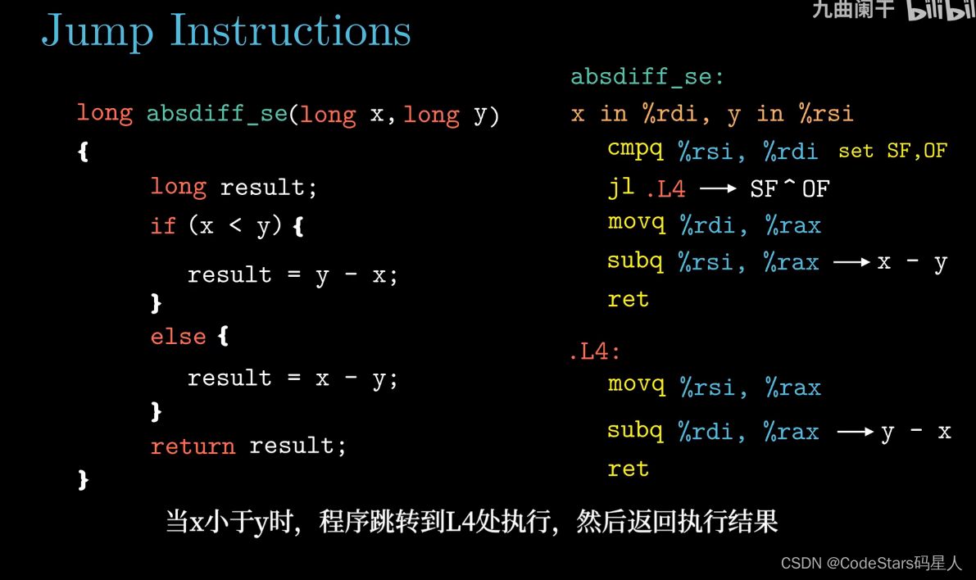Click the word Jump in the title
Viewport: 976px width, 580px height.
pyautogui.click(x=97, y=30)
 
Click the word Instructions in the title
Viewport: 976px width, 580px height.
pyautogui.click(x=291, y=29)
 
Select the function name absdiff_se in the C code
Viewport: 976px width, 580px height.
pyautogui.click(x=216, y=114)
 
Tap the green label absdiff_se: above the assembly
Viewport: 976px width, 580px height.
pyautogui.click(x=647, y=76)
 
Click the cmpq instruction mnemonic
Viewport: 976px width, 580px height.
pyautogui.click(x=636, y=150)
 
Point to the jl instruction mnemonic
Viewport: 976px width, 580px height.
pyautogui.click(x=620, y=188)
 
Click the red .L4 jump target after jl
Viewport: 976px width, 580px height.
pyautogui.click(x=666, y=188)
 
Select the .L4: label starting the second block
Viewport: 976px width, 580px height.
pyautogui.click(x=595, y=351)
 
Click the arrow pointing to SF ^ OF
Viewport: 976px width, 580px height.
pyautogui.click(x=719, y=188)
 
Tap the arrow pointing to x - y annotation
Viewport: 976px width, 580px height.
pyautogui.click(x=851, y=263)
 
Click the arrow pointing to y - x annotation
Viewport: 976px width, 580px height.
pyautogui.click(x=856, y=431)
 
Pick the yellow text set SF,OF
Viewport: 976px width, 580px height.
pyautogui.click(x=892, y=151)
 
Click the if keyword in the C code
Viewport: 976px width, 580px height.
pyautogui.click(x=163, y=225)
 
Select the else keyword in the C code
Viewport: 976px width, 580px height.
pyautogui.click(x=178, y=337)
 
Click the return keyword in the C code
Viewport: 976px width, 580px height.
pyautogui.click(x=193, y=446)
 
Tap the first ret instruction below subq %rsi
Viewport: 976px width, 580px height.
pyautogui.click(x=628, y=299)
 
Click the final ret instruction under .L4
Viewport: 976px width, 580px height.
pyautogui.click(x=628, y=469)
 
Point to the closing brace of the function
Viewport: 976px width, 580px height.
pyautogui.click(x=84, y=480)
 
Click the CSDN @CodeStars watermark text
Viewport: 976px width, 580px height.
pyautogui.click(x=871, y=563)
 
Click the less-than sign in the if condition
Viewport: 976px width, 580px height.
pyautogui.click(x=235, y=225)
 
